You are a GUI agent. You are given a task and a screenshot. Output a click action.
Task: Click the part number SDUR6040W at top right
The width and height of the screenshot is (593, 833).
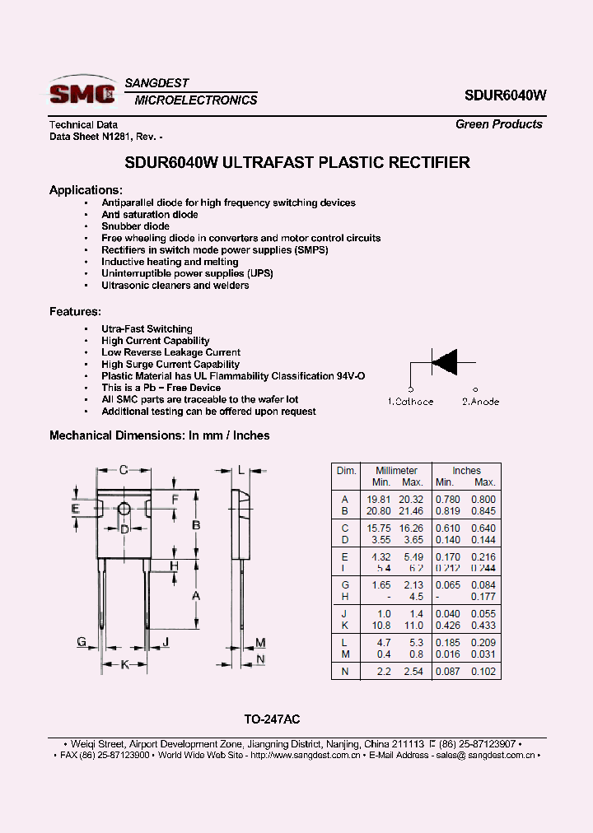[x=505, y=95]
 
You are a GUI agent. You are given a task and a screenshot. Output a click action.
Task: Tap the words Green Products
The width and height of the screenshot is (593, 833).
[x=499, y=124]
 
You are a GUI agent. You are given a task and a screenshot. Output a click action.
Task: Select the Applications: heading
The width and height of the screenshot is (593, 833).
[x=86, y=190]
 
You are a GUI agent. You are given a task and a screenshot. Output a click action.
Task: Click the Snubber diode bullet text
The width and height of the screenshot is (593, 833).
[x=135, y=226]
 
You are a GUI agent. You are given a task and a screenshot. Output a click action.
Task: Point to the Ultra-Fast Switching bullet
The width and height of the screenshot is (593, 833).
[x=147, y=329]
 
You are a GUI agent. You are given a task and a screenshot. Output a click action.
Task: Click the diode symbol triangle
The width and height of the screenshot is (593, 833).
[x=445, y=362]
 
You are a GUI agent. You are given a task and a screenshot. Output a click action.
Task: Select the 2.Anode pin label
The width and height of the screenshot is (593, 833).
[x=480, y=402]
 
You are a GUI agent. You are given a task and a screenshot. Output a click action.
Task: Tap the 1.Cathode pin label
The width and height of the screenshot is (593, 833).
[x=410, y=402]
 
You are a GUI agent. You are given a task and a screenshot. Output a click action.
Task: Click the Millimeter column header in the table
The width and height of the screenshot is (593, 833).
[x=396, y=471]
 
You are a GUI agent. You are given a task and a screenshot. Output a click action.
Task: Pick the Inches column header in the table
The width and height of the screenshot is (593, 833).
[x=466, y=471]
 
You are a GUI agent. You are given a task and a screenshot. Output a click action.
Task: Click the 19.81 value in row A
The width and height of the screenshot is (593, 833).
[x=379, y=500]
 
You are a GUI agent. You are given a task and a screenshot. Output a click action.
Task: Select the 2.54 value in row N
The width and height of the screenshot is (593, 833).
[x=412, y=672]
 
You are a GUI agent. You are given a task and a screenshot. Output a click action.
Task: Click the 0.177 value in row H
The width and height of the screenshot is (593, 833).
[x=484, y=597]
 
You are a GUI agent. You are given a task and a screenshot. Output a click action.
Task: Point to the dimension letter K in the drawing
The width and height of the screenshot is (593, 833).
[x=125, y=664]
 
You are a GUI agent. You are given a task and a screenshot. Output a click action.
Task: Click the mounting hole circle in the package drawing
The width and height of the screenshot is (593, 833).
[x=124, y=510]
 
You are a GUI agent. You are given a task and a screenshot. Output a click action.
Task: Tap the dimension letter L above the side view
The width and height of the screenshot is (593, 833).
[x=240, y=470]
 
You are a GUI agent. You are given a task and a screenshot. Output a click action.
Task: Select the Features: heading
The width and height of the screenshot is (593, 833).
[x=75, y=312]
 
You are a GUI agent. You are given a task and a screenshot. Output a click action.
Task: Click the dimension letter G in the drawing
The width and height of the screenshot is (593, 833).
[x=82, y=642]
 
